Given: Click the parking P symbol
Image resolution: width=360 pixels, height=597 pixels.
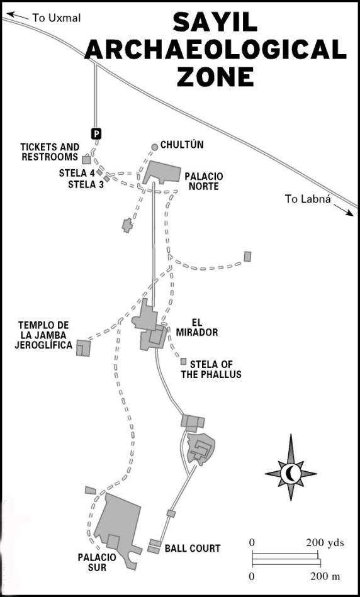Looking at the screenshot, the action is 97,133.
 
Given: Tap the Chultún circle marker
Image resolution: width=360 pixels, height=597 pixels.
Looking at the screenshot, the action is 154,147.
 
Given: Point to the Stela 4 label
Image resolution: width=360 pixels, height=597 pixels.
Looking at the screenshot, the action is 77,173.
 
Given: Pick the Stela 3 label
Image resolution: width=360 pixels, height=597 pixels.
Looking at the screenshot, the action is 86,185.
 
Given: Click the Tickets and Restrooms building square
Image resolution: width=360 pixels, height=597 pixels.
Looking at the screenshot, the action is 86,160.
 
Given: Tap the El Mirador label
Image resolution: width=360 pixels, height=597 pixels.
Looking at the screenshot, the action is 197,327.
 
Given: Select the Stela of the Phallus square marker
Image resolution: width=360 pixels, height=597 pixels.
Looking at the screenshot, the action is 184,361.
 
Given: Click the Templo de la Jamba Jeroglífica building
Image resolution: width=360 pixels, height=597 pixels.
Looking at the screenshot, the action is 84,348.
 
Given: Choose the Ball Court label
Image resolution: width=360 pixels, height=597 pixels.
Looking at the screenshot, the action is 193,549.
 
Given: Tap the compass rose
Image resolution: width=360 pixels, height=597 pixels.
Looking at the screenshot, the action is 291,473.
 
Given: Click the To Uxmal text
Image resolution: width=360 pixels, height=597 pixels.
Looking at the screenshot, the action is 57,18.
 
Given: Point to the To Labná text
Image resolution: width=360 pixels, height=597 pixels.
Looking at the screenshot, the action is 308,199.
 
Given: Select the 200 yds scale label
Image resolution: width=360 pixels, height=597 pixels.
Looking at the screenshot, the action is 325,542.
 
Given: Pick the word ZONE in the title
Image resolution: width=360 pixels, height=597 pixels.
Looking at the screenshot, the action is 216,77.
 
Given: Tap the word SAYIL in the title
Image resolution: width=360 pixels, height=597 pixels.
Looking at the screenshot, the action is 215,22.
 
